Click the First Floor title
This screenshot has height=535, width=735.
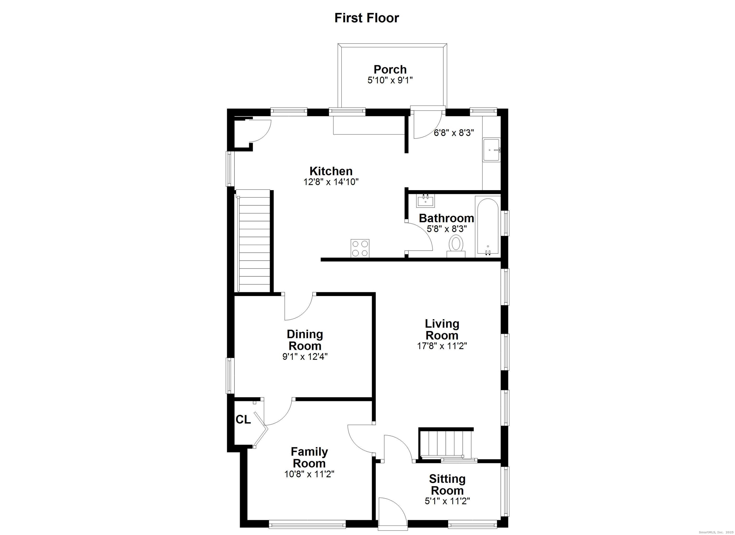(x=367, y=18)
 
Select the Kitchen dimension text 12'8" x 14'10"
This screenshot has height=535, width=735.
(x=331, y=182)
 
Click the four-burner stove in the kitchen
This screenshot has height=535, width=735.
(x=360, y=248)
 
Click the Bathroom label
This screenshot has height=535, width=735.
(x=446, y=218)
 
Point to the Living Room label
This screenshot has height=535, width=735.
(x=442, y=329)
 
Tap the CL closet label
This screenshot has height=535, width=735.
(x=243, y=420)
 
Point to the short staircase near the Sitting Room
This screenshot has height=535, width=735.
(x=445, y=443)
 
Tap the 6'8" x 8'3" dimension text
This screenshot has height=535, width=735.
(x=454, y=133)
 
